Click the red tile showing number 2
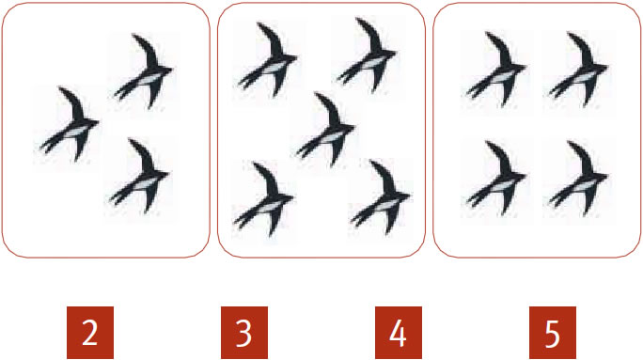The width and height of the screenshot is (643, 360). [90, 333]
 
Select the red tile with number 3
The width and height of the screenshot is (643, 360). [244, 333]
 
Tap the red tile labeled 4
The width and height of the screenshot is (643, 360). [399, 333]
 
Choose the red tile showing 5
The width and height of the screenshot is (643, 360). [553, 333]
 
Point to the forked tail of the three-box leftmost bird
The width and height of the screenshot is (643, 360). [52, 145]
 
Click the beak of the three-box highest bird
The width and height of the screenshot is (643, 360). [170, 70]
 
